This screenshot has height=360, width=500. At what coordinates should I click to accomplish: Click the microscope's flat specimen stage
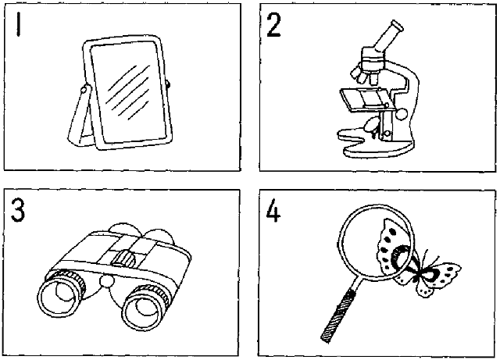click(364, 97)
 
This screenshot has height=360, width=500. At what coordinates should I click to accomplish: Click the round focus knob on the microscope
click(401, 115)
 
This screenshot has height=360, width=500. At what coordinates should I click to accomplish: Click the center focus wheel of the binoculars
click(122, 259)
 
